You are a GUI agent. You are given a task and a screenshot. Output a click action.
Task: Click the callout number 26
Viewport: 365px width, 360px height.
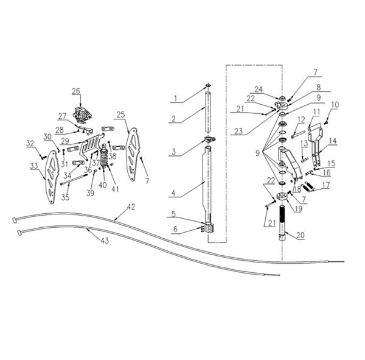[x=76, y=91]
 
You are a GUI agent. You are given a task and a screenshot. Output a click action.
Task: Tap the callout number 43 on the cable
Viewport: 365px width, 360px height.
[x=105, y=241]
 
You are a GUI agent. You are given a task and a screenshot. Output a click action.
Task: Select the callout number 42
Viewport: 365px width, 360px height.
[x=131, y=207]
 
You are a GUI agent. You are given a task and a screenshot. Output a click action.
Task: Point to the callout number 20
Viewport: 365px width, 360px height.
[x=301, y=235]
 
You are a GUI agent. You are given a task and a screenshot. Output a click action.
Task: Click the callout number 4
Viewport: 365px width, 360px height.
[x=173, y=193]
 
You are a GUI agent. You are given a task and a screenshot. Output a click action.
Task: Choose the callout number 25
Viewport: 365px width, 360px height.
[x=121, y=115]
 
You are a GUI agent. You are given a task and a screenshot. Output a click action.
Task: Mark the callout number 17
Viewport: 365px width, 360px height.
[x=326, y=185]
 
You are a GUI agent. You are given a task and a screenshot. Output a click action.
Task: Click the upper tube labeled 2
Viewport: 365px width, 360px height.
[x=208, y=112]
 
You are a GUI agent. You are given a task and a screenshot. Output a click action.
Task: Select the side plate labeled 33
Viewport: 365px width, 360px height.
[x=51, y=177]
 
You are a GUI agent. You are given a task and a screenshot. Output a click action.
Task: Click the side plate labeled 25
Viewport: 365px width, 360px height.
[x=132, y=154]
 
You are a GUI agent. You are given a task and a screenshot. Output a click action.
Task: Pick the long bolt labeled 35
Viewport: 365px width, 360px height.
[x=74, y=179]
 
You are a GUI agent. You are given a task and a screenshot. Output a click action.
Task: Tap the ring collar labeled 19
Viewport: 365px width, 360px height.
[x=282, y=197]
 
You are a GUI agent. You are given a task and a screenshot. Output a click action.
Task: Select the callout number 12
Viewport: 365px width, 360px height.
[x=301, y=120]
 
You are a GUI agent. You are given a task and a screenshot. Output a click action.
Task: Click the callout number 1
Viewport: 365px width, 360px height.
[x=176, y=99]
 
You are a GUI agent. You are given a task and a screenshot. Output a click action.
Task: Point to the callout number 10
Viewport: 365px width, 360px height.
[x=335, y=105]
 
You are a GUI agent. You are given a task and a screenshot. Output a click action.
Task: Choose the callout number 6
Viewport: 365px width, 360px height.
[x=175, y=229]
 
